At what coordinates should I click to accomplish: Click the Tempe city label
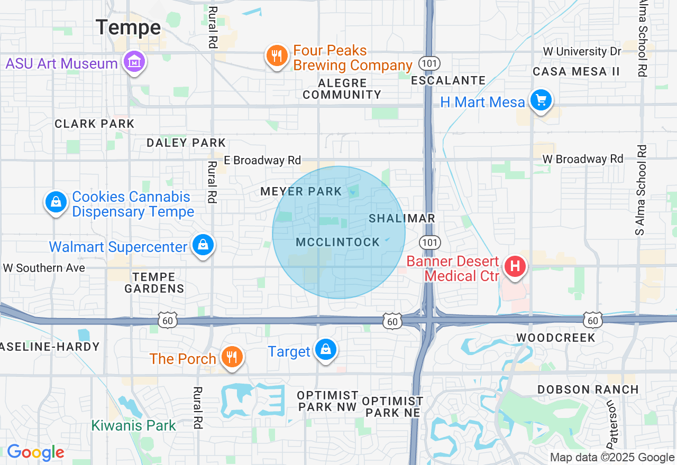[x=129, y=27]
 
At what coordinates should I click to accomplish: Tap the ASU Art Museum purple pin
[x=134, y=62]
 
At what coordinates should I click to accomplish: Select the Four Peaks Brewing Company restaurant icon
[x=277, y=55]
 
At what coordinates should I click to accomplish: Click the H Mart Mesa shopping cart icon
[x=541, y=100]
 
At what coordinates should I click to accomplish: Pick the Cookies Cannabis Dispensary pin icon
[x=56, y=202]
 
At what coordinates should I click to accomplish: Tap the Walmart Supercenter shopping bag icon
[x=203, y=245]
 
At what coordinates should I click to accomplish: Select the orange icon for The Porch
[x=231, y=356]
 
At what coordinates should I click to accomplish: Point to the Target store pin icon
[x=325, y=350]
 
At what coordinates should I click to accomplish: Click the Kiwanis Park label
[x=133, y=425]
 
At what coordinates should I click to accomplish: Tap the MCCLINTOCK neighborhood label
[x=338, y=243]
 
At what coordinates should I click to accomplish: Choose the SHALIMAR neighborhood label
[x=402, y=218]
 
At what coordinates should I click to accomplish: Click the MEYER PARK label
[x=301, y=192]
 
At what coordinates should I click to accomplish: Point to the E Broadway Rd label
[x=262, y=160]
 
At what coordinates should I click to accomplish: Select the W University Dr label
[x=582, y=52]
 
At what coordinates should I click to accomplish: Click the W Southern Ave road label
[x=44, y=268]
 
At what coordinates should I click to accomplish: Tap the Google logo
[x=35, y=452]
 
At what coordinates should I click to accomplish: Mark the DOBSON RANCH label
[x=588, y=389]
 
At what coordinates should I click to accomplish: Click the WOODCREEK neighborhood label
[x=556, y=337]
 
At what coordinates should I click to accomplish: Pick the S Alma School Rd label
[x=642, y=190]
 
